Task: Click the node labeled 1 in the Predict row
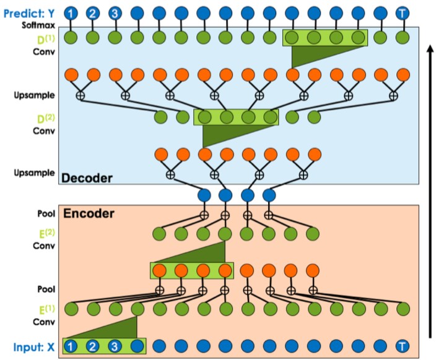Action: (72, 13)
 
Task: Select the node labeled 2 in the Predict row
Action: (93, 13)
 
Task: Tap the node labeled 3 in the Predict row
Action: (115, 13)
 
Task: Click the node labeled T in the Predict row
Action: (403, 13)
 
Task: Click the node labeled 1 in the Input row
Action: (71, 346)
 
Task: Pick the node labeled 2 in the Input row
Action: (93, 346)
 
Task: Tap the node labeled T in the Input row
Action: (403, 346)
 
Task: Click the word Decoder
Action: (87, 179)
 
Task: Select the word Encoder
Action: (89, 215)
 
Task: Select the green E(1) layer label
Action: (41, 308)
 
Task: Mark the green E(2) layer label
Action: (41, 234)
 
